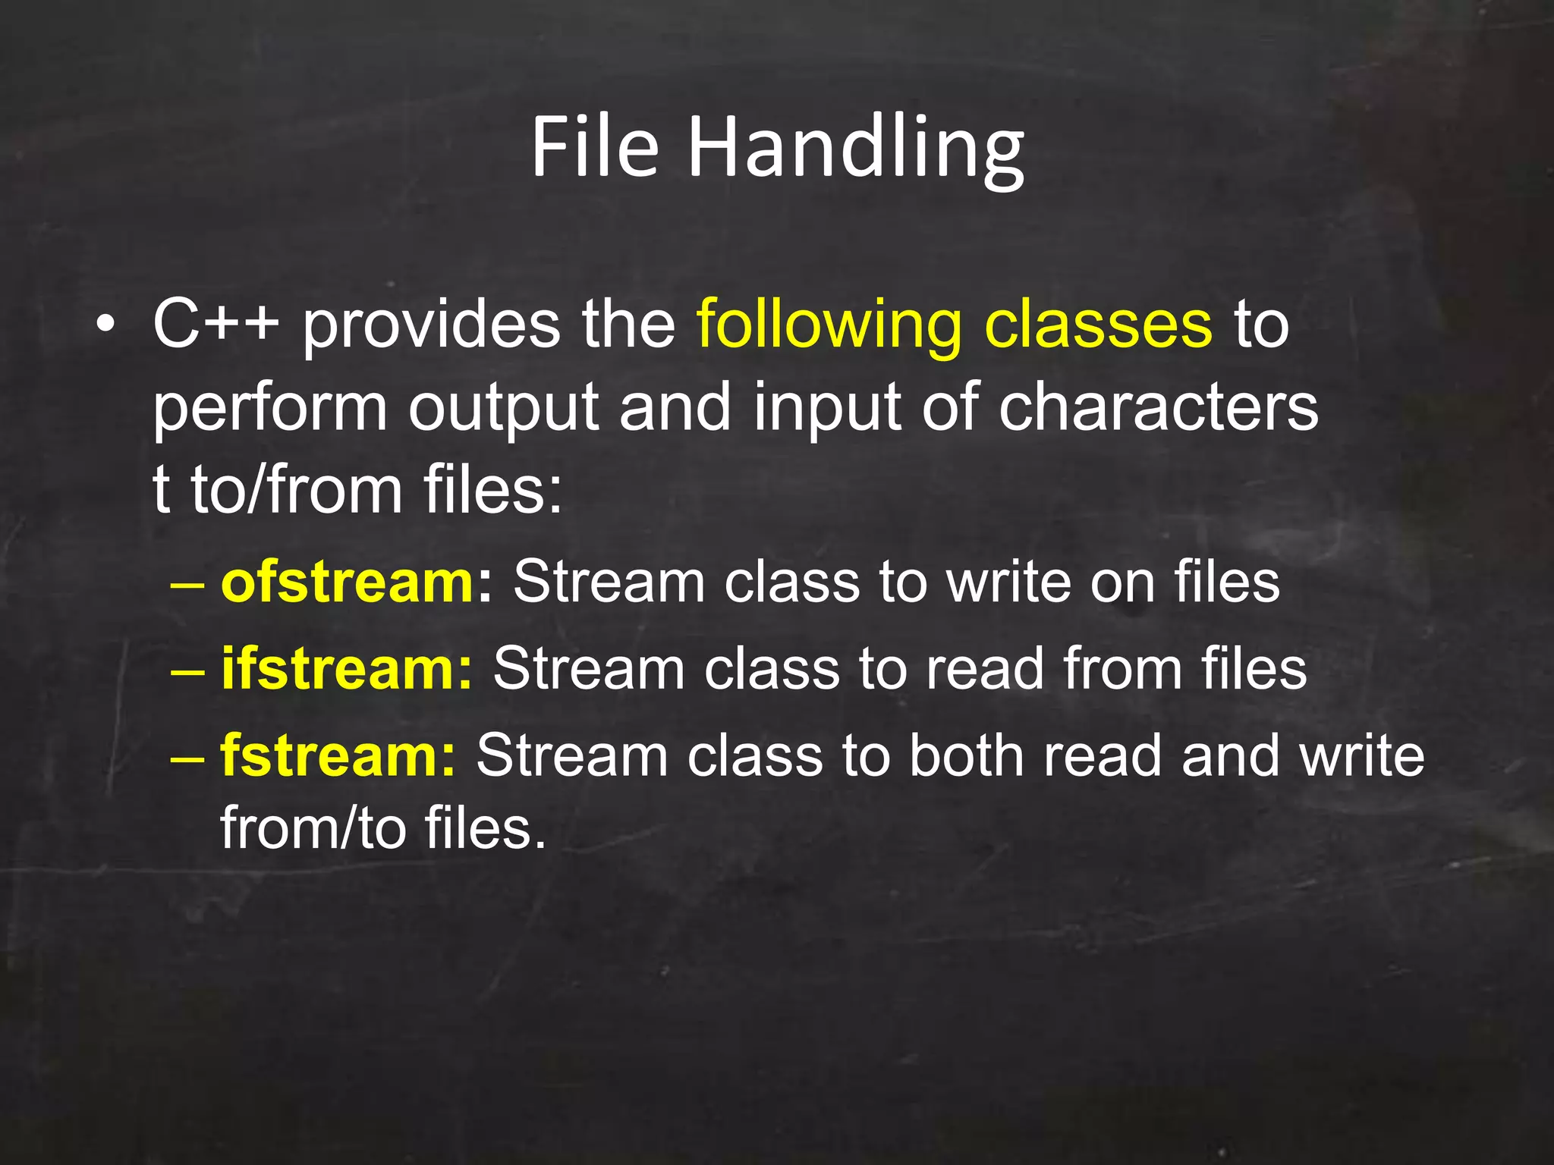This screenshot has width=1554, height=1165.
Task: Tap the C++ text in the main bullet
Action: pos(215,325)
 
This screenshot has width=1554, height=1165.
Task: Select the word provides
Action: pos(431,328)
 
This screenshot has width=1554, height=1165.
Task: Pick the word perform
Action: pos(270,410)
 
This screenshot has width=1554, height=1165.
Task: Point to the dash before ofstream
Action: pos(187,586)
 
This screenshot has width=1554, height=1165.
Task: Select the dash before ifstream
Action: pos(187,672)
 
